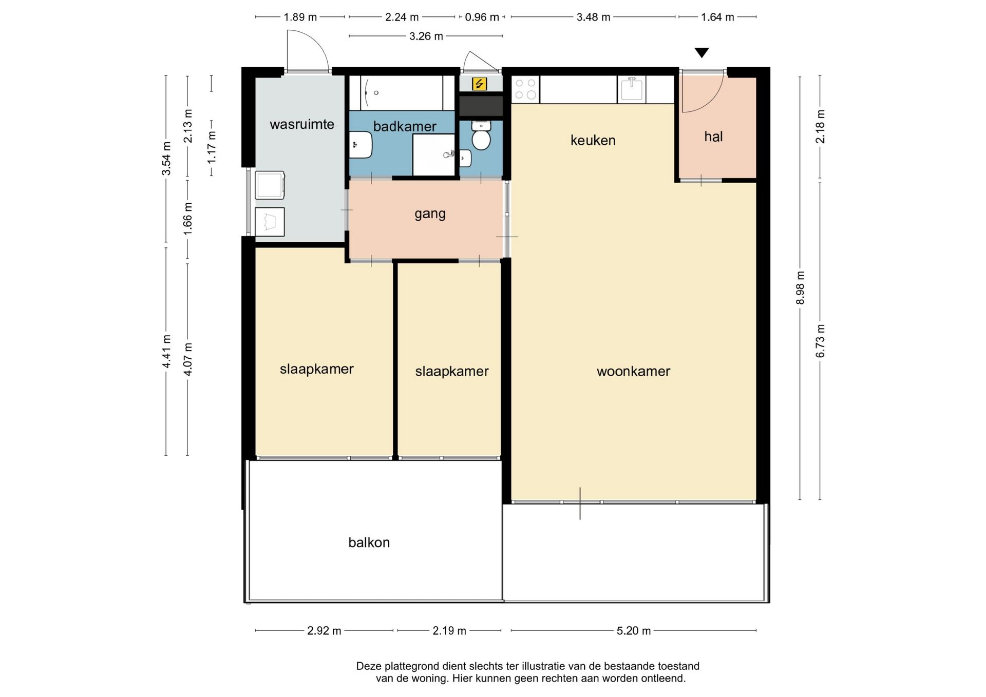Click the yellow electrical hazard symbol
pos(479,84)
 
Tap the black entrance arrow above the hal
pos(701,52)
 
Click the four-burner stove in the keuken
pos(525,89)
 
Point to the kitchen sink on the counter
pos(632,89)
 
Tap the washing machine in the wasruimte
pos(270,185)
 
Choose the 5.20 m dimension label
pos(633,631)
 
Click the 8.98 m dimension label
pos(800,287)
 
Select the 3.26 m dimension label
pos(426,36)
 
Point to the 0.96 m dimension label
pos(482,17)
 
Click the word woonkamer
pos(633,371)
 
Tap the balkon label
pos(369,543)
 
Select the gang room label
pos(430,214)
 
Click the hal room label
pos(713,137)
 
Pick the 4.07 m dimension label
pos(188,359)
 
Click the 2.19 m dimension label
pos(449,631)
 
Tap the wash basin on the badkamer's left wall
pos(361,145)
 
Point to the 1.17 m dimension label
pos(212,147)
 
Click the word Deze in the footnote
pos(369,666)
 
